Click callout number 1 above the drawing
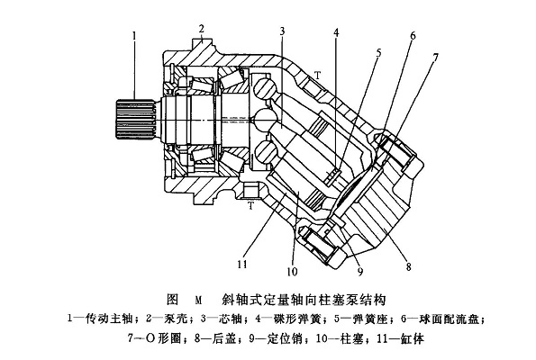pos(132,37)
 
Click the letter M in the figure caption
pos(195,297)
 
